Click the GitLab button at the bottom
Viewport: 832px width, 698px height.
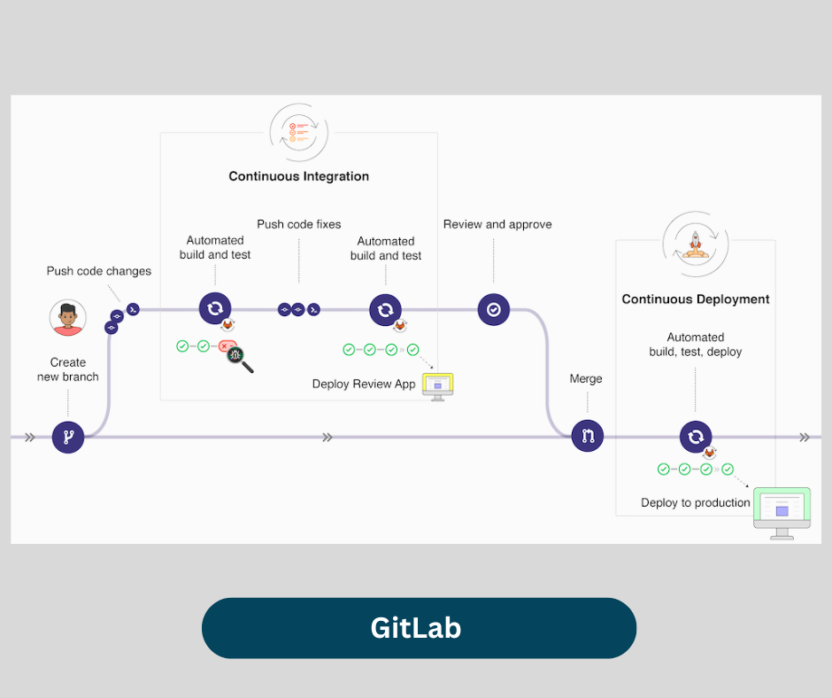[x=419, y=628]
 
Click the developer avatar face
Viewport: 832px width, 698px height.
[x=68, y=317]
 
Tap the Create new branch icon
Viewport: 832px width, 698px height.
[x=68, y=437]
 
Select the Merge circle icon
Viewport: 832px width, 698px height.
[x=587, y=435]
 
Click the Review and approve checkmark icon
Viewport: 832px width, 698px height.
[x=494, y=309]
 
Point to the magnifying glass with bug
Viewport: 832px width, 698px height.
[x=238, y=356]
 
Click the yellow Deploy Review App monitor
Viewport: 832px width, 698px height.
[x=437, y=385]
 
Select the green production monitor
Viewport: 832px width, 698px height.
[x=782, y=511]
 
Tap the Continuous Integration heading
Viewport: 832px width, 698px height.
[x=299, y=176]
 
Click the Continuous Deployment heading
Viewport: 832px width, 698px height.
[x=696, y=299]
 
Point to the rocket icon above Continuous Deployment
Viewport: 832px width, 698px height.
[x=696, y=243]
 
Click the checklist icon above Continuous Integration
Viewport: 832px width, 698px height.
[x=299, y=132]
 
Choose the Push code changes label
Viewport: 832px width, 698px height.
[x=99, y=271]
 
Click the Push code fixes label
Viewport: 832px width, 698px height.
[x=299, y=224]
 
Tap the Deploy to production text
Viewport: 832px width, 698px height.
[x=696, y=502]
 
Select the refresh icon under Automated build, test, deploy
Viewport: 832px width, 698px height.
[x=696, y=436]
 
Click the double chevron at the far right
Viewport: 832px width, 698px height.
[x=804, y=437]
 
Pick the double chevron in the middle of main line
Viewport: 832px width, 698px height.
[x=327, y=437]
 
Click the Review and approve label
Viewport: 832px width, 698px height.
[x=497, y=224]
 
